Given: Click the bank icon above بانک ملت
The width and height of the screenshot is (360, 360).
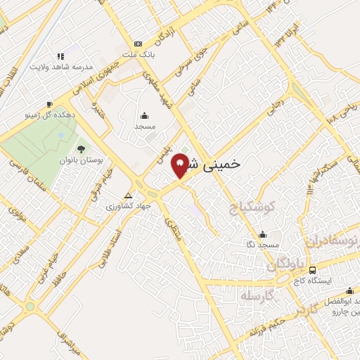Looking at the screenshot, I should click(x=138, y=43).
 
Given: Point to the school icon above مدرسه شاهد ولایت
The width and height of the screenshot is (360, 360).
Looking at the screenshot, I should click(x=60, y=56).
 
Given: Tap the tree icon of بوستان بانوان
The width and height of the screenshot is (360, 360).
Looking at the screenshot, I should click(x=81, y=149).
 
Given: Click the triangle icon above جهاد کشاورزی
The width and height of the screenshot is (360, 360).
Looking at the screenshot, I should click(x=128, y=196).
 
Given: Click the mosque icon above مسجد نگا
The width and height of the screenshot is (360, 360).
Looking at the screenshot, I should click(x=263, y=234).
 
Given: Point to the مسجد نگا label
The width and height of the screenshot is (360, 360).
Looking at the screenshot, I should click(x=262, y=245).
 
